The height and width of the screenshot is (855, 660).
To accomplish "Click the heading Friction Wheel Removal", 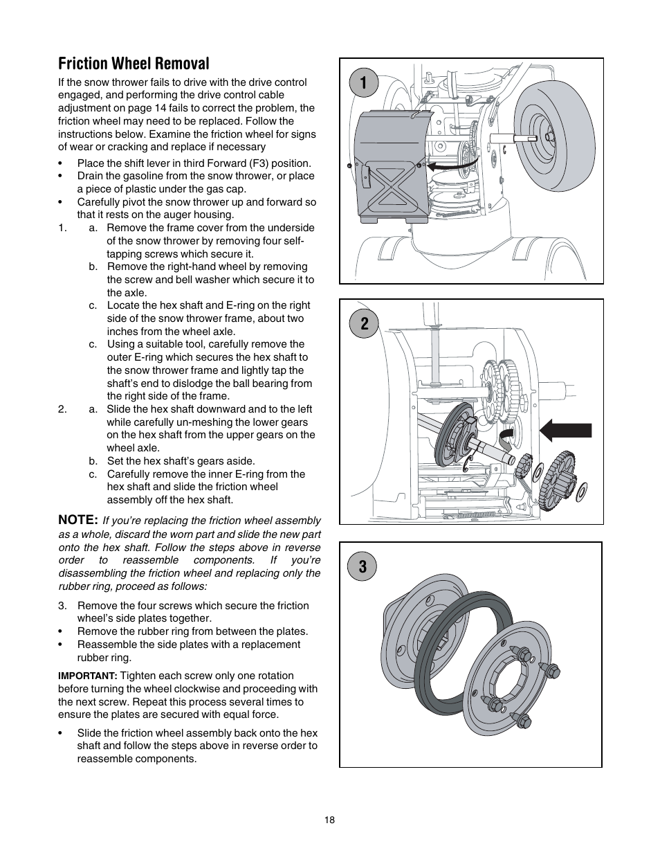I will [x=134, y=64].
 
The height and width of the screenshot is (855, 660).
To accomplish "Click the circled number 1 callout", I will [x=364, y=82].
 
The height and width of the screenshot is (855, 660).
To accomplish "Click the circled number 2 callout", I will [x=364, y=323].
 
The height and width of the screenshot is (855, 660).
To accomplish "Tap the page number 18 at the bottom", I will [x=329, y=820].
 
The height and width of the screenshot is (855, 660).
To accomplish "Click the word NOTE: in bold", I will [x=77, y=519].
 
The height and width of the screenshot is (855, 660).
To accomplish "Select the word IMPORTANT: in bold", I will [x=88, y=676].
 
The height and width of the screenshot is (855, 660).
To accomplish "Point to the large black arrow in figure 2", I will [x=565, y=430].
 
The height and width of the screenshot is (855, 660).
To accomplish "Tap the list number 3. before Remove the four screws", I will [x=62, y=605].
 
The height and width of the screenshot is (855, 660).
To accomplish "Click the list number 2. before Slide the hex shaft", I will [x=62, y=409].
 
